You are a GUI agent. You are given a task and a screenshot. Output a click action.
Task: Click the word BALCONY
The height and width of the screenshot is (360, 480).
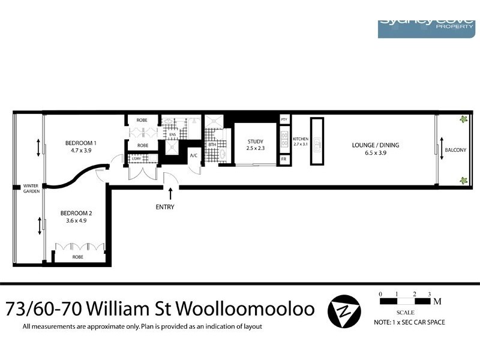pos(456,149)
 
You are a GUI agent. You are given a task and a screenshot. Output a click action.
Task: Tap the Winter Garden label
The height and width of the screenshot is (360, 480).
pos(31,189)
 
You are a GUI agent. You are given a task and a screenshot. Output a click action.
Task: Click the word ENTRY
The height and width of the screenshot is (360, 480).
pos(165,207)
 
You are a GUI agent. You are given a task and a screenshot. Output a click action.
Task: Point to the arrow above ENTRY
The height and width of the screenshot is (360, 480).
pos(171,194)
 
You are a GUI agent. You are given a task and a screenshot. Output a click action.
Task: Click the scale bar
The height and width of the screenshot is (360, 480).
pos(405,301)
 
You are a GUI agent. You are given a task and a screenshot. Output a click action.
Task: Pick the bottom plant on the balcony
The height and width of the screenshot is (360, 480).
pos(463,180)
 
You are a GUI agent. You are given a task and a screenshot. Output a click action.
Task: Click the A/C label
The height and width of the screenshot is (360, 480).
pos(194,155)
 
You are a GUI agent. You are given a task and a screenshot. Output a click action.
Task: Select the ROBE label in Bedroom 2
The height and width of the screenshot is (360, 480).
pos(78,257)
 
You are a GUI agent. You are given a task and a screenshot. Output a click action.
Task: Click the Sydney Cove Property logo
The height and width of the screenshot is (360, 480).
pos(426,28)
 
